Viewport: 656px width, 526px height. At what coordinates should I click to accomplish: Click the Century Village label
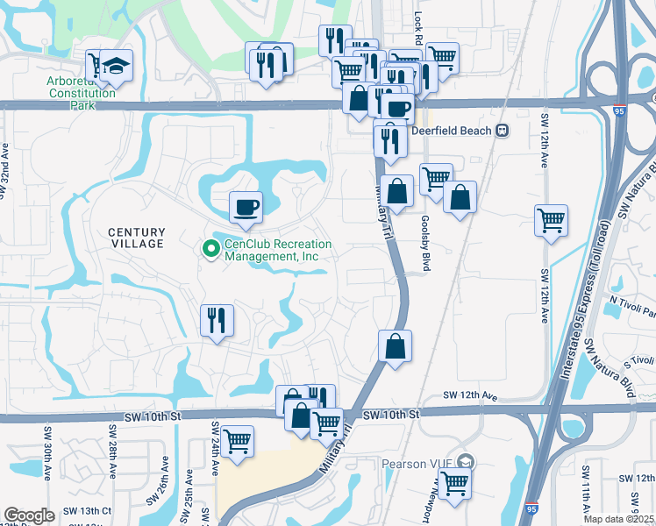[x=136, y=237]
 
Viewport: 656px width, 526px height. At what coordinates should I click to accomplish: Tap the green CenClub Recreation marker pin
[x=210, y=250]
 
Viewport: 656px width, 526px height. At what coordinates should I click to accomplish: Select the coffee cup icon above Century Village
[x=246, y=208]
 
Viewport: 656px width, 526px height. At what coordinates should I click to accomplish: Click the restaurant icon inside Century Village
[x=217, y=321]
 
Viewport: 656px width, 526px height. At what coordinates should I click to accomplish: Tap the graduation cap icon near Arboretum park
[x=115, y=67]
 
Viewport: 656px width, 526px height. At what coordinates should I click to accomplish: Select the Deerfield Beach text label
[x=453, y=131]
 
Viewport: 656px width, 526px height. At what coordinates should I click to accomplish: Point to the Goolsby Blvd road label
[x=425, y=243]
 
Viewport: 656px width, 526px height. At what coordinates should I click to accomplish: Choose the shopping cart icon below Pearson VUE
[x=454, y=482]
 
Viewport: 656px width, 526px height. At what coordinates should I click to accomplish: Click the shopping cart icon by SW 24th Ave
[x=237, y=442]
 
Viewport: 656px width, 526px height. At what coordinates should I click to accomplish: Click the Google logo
[x=29, y=515]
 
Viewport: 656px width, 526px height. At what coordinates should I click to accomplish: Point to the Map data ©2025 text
[x=618, y=519]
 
